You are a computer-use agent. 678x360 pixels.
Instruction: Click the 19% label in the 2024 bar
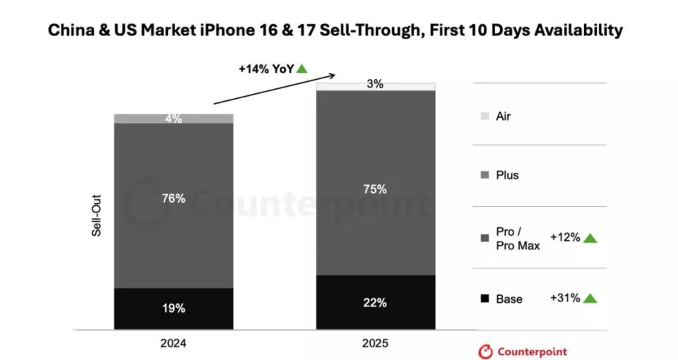tap(174, 308)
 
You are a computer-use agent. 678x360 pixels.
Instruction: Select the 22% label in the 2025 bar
tap(375, 303)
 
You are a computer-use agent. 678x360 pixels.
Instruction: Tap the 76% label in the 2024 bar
tap(174, 198)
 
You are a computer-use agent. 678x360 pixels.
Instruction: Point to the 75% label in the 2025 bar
tap(375, 189)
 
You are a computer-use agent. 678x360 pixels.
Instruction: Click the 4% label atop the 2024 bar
tap(174, 119)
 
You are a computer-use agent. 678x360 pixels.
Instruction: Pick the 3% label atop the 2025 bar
tap(375, 85)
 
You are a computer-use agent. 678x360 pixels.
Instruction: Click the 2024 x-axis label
tap(174, 344)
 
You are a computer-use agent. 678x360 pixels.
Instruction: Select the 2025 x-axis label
tap(375, 344)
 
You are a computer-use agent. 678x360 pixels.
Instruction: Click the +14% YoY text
tap(266, 69)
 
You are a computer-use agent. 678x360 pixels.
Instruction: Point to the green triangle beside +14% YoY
tap(302, 69)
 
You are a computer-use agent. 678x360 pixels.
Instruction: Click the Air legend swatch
tap(484, 116)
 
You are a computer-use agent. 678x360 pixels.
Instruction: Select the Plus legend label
tap(507, 175)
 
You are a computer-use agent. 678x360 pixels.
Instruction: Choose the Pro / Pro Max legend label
tap(518, 239)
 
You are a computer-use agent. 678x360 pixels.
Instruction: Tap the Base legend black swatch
tap(484, 299)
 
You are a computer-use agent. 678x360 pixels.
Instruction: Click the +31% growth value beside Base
tap(565, 298)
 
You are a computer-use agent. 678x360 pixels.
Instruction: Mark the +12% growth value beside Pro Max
tap(565, 237)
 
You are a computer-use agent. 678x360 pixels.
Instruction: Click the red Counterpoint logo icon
tap(486, 351)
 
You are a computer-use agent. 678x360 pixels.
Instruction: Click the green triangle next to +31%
tap(590, 299)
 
